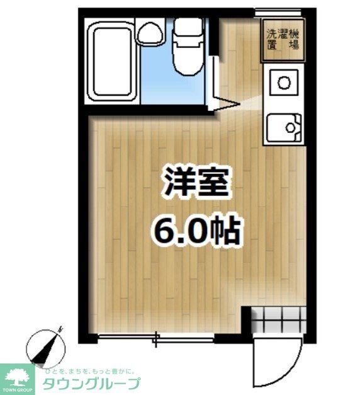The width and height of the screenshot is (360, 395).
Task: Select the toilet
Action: [x=186, y=50]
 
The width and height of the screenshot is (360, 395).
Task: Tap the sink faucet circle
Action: [x=291, y=129]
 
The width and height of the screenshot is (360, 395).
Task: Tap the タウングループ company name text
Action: [x=91, y=383]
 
